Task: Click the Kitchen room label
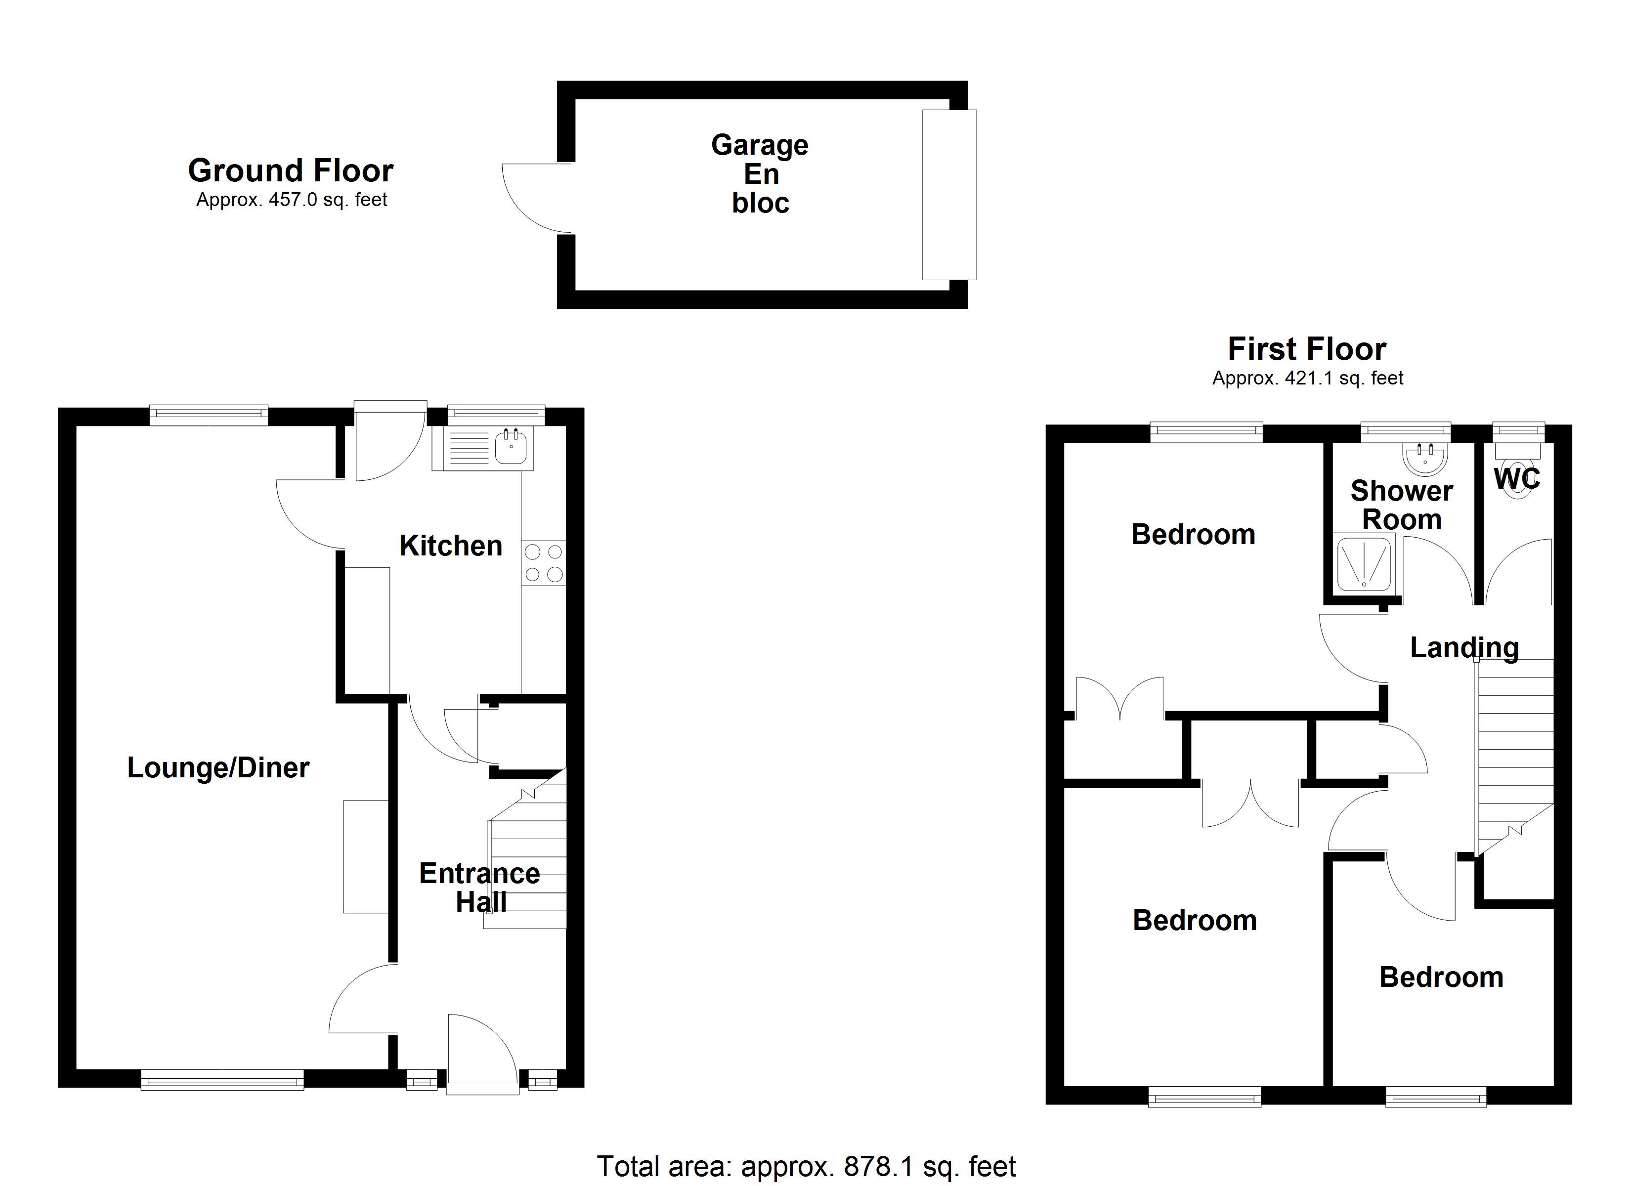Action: tap(450, 546)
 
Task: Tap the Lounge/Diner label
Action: tap(218, 768)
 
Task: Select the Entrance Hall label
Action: tap(480, 888)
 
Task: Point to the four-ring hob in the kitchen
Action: tap(544, 563)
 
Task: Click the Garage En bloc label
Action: tap(760, 174)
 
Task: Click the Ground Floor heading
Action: tap(291, 171)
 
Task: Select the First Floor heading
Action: tap(1307, 349)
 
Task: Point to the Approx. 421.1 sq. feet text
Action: tap(1307, 379)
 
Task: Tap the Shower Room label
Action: tap(1402, 505)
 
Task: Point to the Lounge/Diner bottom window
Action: tap(222, 1080)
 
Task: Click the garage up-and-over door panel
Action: tap(949, 194)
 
